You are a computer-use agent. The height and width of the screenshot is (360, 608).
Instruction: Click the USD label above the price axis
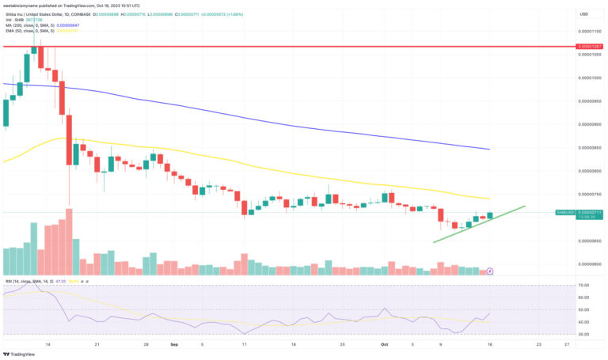(x=583, y=13)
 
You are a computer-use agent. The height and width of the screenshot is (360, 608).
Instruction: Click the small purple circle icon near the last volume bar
(x=490, y=271)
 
